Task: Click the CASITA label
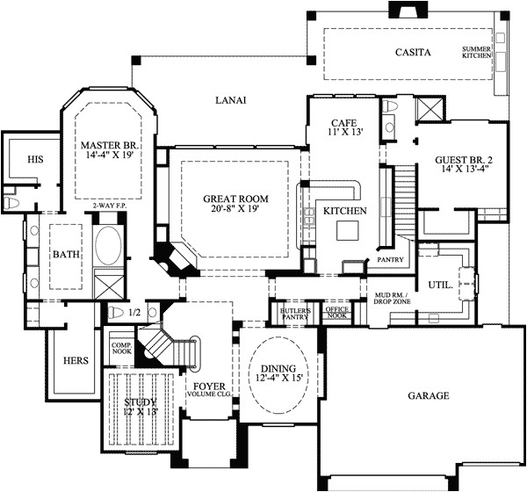(x=413, y=53)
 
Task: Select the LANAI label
(x=230, y=100)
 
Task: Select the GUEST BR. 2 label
(x=463, y=160)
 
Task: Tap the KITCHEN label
(x=339, y=212)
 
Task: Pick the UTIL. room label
(x=440, y=286)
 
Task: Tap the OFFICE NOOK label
(x=337, y=313)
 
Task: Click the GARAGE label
(x=428, y=396)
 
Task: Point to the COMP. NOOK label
(x=120, y=349)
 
